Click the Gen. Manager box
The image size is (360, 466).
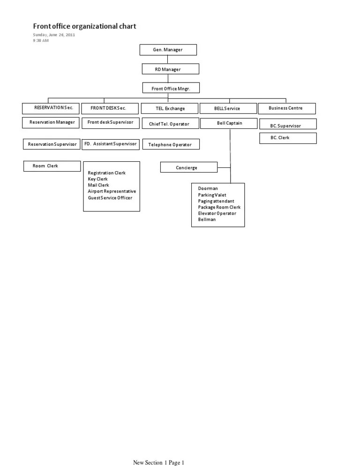pos(168,50)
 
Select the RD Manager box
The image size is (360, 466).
pos(171,69)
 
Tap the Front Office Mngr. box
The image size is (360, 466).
pos(171,88)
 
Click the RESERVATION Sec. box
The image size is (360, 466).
pos(51,108)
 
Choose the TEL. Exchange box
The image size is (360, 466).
pos(170,108)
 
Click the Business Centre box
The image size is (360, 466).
pos(286,108)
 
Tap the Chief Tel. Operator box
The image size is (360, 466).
pos(170,124)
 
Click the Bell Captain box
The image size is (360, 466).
pos(229,123)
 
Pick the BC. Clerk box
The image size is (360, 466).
pos(288,138)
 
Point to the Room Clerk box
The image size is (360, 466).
pos(45,166)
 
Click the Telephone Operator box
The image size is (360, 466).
pos(171,144)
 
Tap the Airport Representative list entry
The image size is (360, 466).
pos(112,191)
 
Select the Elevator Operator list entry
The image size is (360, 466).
pos(217,213)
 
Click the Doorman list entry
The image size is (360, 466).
pos(208,188)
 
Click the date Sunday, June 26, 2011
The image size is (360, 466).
pos(54,35)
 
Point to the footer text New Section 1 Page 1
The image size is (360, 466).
pos(159,462)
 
